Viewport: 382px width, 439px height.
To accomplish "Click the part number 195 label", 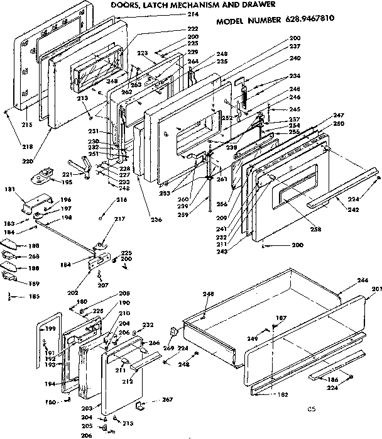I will tap(65, 182).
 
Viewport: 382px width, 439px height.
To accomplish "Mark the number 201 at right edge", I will tap(376, 290).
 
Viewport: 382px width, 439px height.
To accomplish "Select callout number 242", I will tap(353, 209).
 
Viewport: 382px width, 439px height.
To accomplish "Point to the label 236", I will tap(156, 219).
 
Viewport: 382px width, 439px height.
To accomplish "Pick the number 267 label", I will tap(166, 399).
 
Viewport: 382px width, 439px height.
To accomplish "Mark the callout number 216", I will tap(121, 199).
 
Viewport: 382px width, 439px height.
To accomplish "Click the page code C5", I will tap(310, 409).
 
